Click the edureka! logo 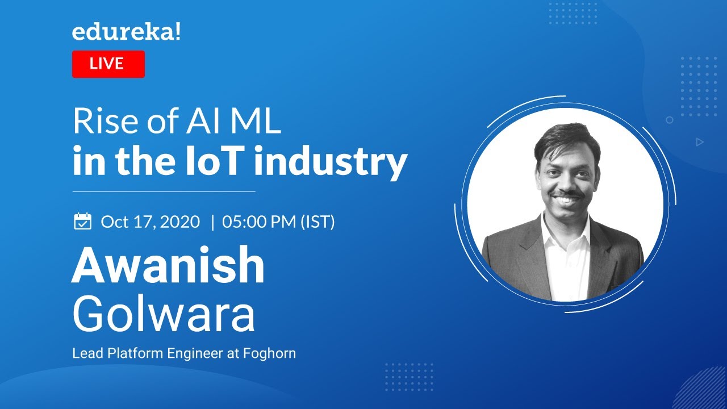coord(126,32)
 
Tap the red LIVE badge coord(108,64)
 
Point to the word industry coord(331,162)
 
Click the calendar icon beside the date coord(83,221)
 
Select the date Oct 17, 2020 coord(151,222)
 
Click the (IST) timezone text coord(317,222)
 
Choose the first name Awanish coord(168,266)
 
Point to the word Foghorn coord(269,353)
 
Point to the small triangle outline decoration coord(700,142)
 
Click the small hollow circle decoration coord(670,120)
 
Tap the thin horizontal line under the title coord(164,191)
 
